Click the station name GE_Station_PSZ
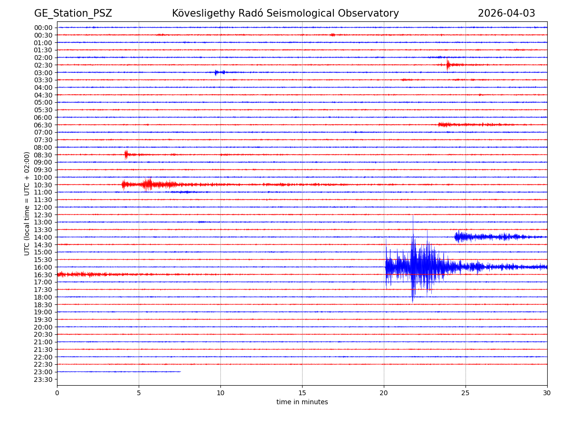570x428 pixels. tap(73, 14)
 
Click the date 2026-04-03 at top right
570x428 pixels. tap(506, 14)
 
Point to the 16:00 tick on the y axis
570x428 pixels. tap(43, 267)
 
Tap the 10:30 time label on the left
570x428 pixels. tap(43, 185)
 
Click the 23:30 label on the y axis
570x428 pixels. tap(43, 379)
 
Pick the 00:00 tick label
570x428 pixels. tap(43, 28)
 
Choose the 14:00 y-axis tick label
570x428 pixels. tap(43, 237)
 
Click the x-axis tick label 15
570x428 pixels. tap(302, 393)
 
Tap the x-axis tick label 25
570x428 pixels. tap(465, 393)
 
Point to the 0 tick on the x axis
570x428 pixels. tap(57, 393)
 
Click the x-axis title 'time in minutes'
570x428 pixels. tap(302, 402)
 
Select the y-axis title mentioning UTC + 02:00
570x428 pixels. tap(28, 204)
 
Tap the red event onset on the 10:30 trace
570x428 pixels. tap(123, 185)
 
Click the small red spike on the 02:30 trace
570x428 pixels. tap(447, 65)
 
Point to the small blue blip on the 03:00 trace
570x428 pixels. tap(216, 72)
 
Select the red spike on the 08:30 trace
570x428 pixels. tap(126, 154)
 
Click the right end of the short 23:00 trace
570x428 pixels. tap(180, 372)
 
